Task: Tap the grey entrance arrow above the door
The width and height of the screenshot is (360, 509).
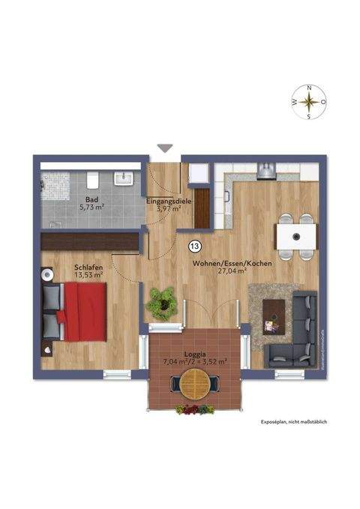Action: click(x=165, y=149)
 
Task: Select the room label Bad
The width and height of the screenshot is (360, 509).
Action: click(x=92, y=200)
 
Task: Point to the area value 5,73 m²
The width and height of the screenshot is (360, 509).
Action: click(x=92, y=209)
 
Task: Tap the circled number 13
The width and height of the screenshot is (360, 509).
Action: click(x=195, y=245)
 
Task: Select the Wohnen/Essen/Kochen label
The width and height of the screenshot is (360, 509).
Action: click(x=232, y=265)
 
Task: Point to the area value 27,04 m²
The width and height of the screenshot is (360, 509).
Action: click(x=232, y=274)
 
